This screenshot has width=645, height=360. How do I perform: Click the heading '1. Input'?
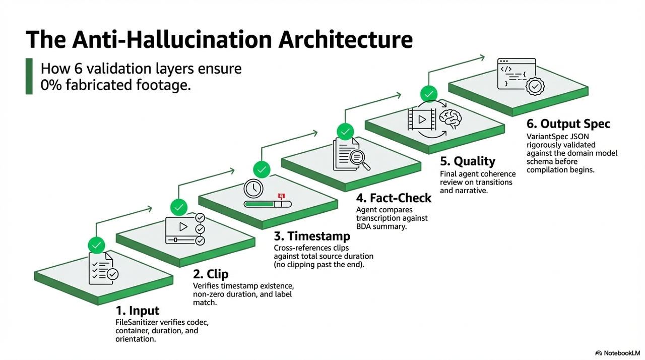tap(137, 311)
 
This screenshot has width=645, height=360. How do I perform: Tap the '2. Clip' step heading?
tap(211, 274)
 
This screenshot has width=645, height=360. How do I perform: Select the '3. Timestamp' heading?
tap(312, 236)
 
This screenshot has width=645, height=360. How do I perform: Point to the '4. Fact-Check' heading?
tap(394, 198)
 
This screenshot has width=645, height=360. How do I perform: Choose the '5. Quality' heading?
tap(467, 161)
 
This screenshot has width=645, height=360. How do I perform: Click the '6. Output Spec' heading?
tap(568, 124)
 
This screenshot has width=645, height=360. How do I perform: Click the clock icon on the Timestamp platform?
tap(253, 189)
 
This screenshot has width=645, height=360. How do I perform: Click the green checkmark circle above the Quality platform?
tap(429, 94)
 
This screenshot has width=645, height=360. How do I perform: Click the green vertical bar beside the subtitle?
tap(29, 76)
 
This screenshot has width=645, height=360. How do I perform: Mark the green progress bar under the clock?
tap(259, 204)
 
